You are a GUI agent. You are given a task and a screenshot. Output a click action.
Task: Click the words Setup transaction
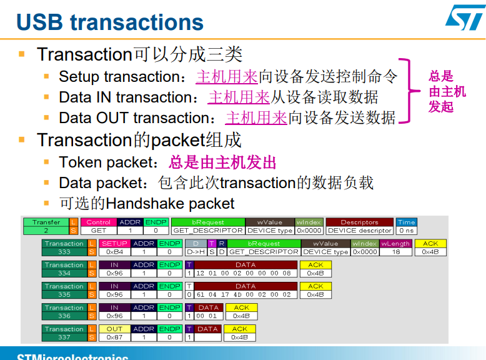tap(119, 77)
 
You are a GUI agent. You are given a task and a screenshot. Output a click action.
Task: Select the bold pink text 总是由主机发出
tap(222, 162)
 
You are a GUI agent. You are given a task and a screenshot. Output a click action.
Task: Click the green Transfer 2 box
tap(46, 226)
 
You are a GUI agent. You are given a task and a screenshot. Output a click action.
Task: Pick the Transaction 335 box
tap(64, 291)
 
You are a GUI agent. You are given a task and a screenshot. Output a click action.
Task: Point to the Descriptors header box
tap(359, 222)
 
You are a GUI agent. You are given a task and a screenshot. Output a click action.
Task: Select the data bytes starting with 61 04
tap(243, 295)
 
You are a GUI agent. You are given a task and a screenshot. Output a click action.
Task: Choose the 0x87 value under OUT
tap(114, 337)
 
